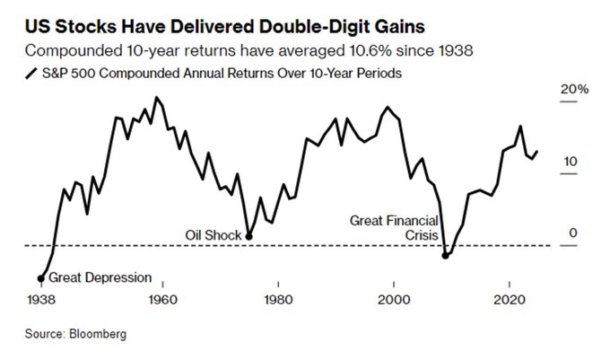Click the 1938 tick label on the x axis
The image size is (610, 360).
41,299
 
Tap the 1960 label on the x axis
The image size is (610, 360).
162,299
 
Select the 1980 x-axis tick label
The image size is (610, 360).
278,299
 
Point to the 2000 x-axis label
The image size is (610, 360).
394,299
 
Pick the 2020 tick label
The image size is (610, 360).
510,299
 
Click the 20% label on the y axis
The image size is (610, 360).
575,91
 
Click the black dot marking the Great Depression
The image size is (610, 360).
40,277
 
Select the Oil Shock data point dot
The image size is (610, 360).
248,236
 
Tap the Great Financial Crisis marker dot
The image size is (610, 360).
447,256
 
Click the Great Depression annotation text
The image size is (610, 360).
100,277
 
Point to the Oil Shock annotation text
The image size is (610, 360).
213,235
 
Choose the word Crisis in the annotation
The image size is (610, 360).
418,235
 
